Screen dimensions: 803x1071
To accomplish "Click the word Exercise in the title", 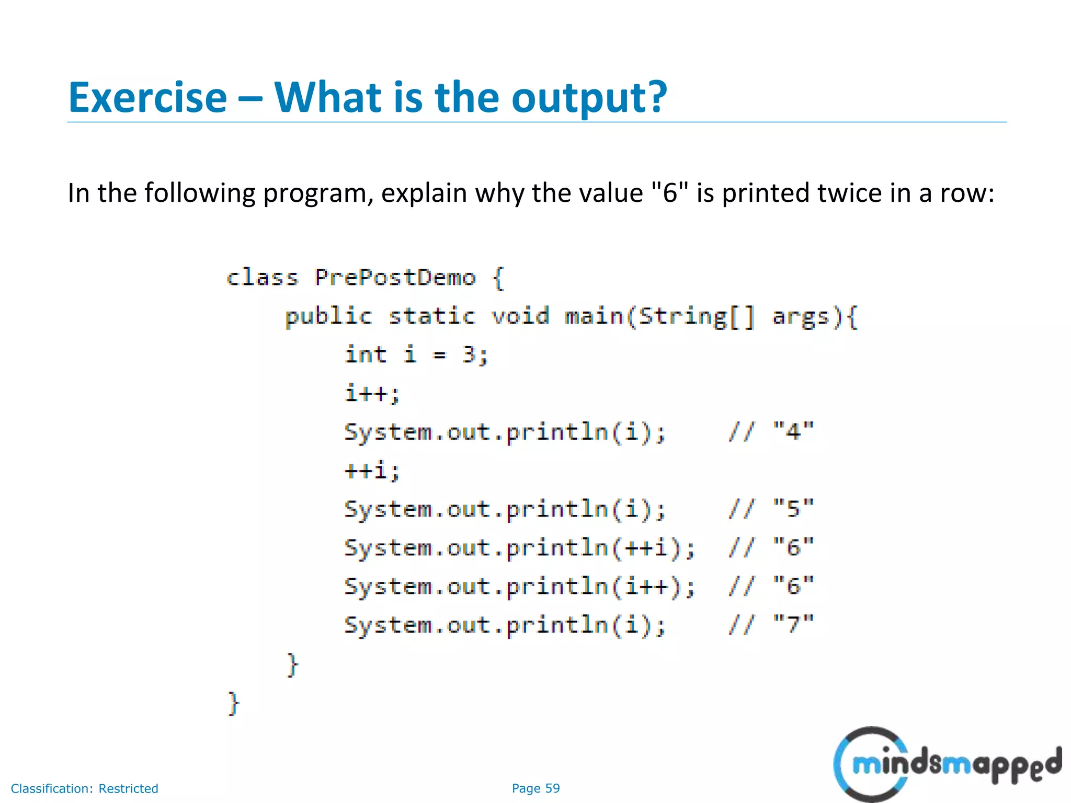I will [147, 98].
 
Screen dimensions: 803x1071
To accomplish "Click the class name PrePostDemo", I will [395, 278].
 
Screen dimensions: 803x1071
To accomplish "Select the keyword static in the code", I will [431, 317].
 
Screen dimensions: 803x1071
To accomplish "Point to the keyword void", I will [520, 317].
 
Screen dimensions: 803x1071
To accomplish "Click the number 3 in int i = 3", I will [469, 355].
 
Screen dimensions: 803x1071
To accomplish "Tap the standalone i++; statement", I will [372, 393].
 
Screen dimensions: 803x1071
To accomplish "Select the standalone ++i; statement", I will [372, 471].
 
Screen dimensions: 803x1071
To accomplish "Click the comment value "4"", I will [793, 432].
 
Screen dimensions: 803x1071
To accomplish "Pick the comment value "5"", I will [793, 509].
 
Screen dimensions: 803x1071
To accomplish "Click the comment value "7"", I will [793, 625].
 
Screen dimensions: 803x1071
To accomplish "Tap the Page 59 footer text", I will [535, 788].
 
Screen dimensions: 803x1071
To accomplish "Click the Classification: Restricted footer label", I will [85, 788].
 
